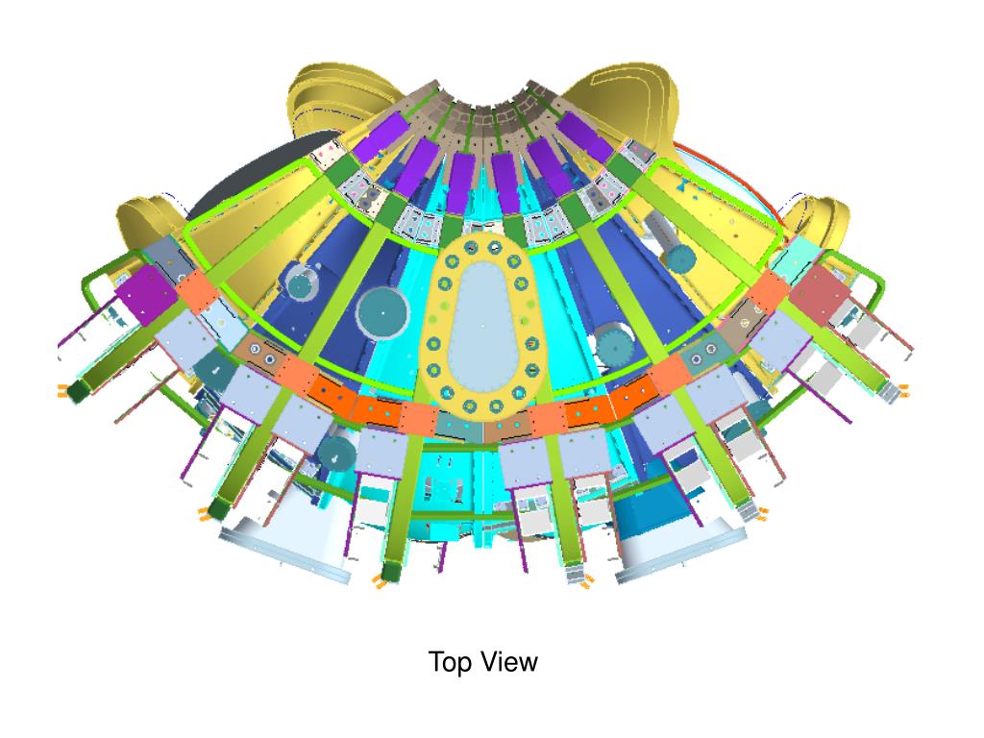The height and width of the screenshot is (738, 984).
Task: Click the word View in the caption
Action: tap(510, 661)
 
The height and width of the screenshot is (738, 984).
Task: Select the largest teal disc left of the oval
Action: tap(382, 313)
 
